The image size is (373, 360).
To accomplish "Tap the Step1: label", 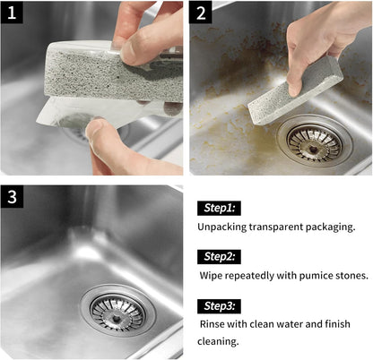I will click(x=219, y=208).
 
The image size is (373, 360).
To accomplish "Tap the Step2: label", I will click(x=220, y=257).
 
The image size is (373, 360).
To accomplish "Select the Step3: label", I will click(x=220, y=305).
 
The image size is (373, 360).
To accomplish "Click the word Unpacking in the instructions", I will click(x=224, y=227).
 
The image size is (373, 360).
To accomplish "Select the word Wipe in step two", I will click(x=213, y=275).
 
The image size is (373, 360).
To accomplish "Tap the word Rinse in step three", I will click(x=213, y=324).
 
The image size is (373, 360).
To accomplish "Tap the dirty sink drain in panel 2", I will click(x=314, y=142).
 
